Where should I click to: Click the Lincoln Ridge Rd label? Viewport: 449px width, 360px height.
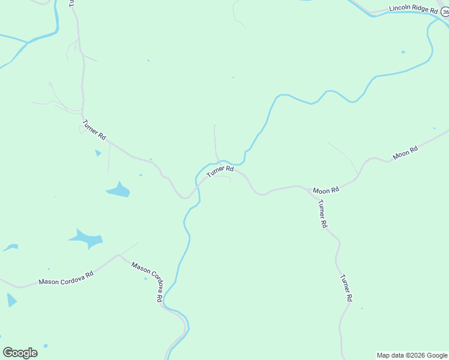coord(414,8)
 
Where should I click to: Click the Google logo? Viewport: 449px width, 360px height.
coord(20,353)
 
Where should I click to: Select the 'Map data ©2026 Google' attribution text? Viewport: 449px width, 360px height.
coord(412,355)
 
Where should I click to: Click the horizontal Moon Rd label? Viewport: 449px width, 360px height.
coord(326,190)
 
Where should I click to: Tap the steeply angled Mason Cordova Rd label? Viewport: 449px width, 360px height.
coord(147,281)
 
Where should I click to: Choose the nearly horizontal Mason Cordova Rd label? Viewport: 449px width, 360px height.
coord(66,278)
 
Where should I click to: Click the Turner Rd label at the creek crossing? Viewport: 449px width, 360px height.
coord(220,172)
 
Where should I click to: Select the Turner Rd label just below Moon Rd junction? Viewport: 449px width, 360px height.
coord(322,214)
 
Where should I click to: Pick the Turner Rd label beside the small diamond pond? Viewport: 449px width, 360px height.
coord(94,130)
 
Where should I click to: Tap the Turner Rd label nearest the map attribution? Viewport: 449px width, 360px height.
coord(346,287)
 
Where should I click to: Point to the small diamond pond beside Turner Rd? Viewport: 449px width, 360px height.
coord(98,153)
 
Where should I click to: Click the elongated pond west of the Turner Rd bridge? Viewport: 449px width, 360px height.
coord(119,190)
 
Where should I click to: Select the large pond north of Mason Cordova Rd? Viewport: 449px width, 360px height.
coord(87,238)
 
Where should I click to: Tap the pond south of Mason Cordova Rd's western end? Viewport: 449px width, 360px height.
coord(11,300)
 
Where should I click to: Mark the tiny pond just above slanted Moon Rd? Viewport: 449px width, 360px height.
coord(434,128)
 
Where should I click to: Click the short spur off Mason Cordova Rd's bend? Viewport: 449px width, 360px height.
coord(129,248)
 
